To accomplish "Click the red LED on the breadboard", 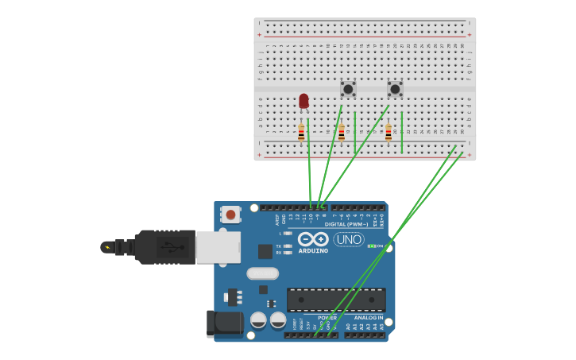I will [x=303, y=100].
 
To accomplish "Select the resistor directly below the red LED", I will [x=301, y=133].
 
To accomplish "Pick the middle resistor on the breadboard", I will [x=342, y=133].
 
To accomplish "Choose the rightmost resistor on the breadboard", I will [x=389, y=133].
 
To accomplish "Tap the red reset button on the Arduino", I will [x=230, y=214].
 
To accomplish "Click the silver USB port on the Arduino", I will [x=218, y=246].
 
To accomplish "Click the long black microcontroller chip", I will [x=336, y=300].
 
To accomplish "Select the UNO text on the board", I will [x=349, y=239].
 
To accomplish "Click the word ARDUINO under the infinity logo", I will [x=313, y=251].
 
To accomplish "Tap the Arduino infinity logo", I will [x=313, y=239].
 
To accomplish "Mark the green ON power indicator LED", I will [x=371, y=246].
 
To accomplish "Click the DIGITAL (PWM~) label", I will [x=353, y=225].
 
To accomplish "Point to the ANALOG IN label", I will [x=369, y=317].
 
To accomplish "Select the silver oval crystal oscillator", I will [x=263, y=273].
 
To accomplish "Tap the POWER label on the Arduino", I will [x=327, y=317].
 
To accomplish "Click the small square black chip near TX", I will [x=265, y=251].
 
